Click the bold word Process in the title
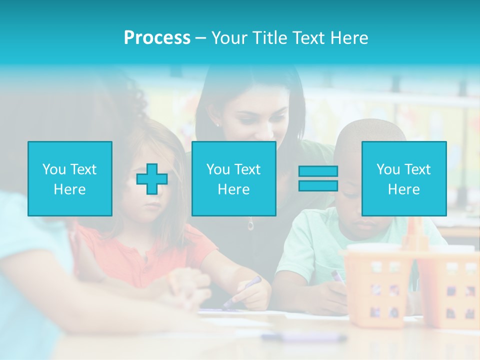click(x=157, y=38)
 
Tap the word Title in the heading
click(x=267, y=38)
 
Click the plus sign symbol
click(x=152, y=179)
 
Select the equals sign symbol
click(x=318, y=178)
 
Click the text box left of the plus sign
click(x=70, y=179)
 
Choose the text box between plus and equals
click(x=233, y=179)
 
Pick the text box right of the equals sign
click(x=403, y=179)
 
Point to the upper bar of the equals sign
click(x=318, y=171)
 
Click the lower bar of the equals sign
click(x=318, y=185)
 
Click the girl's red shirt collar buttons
click(x=145, y=260)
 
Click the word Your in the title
click(x=229, y=38)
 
